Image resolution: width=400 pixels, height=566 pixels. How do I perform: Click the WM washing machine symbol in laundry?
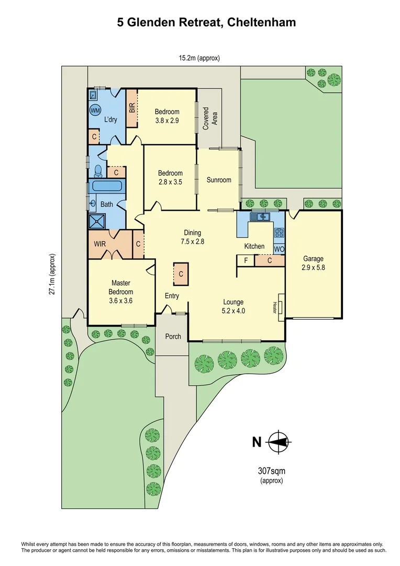95,111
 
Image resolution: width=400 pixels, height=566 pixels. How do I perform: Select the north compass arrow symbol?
278,442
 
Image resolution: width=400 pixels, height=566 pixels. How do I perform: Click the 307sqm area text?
271,471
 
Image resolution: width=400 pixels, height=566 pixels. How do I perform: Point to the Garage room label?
313,258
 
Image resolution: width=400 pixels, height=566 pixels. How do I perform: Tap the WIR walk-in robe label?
100,244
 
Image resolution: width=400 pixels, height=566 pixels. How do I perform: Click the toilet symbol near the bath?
98,170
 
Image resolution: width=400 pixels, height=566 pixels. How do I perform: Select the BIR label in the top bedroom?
132,108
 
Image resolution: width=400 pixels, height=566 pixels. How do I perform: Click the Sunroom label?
218,180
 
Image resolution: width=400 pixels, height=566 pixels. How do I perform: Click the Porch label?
173,336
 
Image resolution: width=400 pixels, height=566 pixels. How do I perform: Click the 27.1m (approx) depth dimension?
52,276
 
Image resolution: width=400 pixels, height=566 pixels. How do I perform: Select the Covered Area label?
209,119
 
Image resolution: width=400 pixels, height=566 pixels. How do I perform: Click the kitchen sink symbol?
259,216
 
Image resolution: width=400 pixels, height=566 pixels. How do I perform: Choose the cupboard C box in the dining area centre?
181,274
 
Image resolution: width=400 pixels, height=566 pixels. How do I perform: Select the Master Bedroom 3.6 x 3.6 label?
121,292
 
